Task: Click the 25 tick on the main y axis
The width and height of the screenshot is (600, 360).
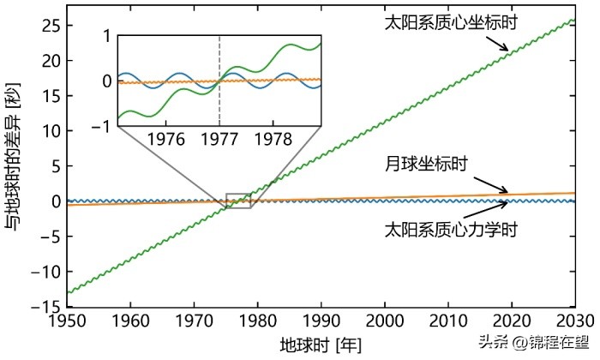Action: tap(48, 25)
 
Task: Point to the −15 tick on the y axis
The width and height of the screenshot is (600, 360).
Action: tap(45, 306)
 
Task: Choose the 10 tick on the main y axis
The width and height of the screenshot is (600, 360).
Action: tap(48, 130)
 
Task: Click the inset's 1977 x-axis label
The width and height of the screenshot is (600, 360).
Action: tap(219, 138)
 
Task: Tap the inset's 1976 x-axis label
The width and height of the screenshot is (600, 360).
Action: tap(167, 138)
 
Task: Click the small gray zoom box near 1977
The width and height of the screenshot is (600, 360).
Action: tap(238, 201)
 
